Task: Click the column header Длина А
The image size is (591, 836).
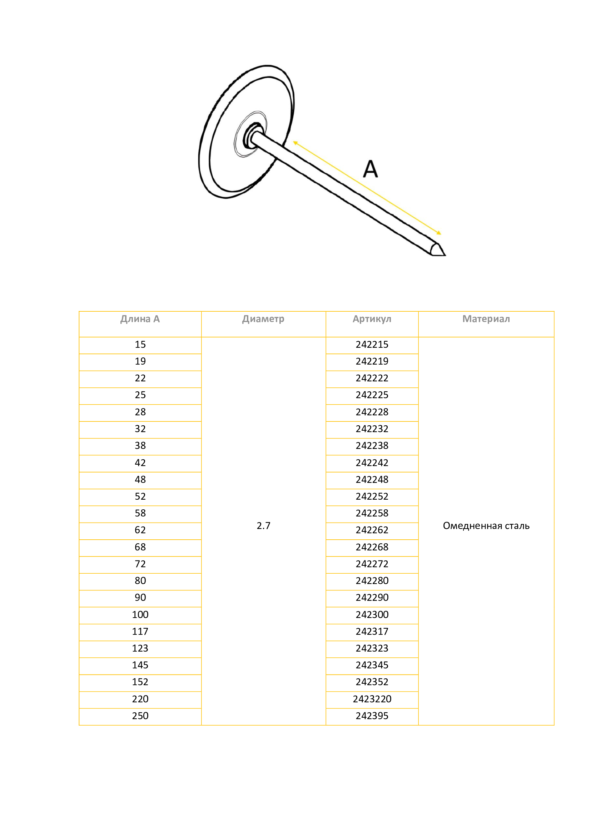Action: (x=140, y=319)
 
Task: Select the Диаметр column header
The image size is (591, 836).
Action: (x=263, y=319)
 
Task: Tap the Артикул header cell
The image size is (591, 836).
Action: (x=372, y=319)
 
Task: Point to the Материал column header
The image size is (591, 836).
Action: (x=486, y=319)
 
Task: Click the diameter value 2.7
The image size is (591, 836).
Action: (x=263, y=526)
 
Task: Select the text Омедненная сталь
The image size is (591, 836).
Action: (x=486, y=526)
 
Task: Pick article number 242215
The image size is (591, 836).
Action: (x=372, y=345)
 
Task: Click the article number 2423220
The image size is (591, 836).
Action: (x=372, y=699)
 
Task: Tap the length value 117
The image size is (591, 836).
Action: (x=140, y=631)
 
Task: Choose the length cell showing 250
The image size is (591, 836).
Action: (x=140, y=716)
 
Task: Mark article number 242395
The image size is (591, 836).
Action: (x=372, y=716)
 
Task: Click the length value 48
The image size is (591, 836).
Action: (x=140, y=480)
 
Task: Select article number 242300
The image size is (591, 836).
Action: (x=372, y=615)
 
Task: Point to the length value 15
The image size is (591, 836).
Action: (x=140, y=345)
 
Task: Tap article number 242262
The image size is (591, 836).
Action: (x=372, y=530)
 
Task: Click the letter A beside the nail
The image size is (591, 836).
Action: (x=371, y=169)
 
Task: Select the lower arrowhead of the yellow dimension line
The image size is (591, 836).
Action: (x=439, y=233)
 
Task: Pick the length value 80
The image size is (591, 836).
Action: (x=140, y=581)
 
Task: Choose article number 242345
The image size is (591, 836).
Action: (x=372, y=665)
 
